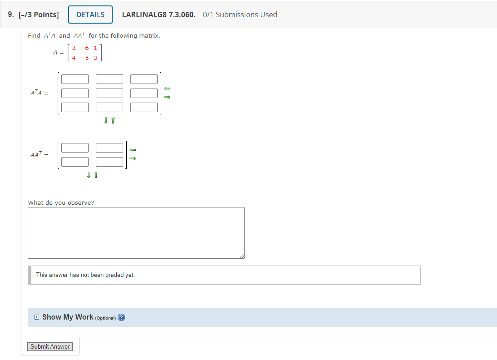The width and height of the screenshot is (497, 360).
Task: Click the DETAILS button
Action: point(90,15)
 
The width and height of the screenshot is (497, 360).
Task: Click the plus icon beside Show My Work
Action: point(36,317)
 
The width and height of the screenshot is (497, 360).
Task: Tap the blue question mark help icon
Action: point(121,318)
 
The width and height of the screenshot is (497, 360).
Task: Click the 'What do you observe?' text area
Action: point(136,233)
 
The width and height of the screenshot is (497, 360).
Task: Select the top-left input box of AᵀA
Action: point(75,79)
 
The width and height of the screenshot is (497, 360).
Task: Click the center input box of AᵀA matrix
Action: point(109,94)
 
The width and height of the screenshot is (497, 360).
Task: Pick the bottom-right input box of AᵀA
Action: point(144,108)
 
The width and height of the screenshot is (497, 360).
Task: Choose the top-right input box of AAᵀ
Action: point(109,148)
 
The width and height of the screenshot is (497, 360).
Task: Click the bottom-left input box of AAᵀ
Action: point(75,162)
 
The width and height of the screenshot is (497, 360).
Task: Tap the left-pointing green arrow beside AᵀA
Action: point(167,88)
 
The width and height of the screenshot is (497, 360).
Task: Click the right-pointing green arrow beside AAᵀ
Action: point(133,158)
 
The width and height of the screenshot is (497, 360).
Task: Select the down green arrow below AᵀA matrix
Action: point(106,120)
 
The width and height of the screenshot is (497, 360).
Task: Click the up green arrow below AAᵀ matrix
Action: point(96,175)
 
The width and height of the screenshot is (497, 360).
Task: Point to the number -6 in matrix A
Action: point(84,48)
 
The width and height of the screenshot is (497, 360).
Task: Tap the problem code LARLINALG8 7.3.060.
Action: point(159,15)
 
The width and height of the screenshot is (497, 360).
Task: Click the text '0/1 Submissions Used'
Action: point(240,15)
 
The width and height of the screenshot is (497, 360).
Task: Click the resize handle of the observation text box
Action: point(242,256)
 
